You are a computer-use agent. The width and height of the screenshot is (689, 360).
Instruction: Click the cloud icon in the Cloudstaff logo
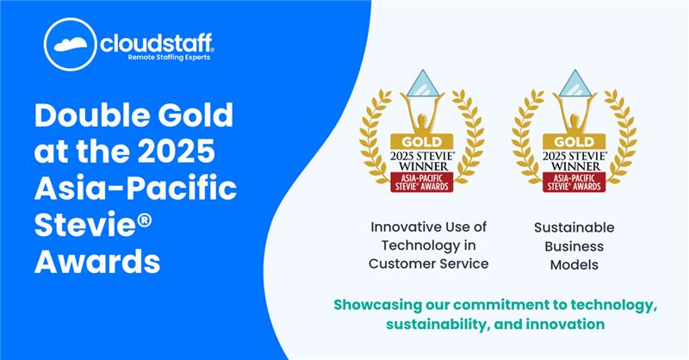click(x=71, y=44)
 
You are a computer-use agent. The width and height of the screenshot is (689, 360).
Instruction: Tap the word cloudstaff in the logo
click(x=157, y=43)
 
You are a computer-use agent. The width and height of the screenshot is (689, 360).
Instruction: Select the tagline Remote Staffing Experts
click(x=169, y=58)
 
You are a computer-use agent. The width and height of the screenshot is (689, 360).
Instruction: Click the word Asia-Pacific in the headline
click(x=136, y=187)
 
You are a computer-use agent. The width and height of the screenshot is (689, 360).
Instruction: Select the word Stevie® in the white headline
click(x=93, y=224)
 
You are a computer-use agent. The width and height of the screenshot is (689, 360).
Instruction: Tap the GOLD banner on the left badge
click(x=422, y=142)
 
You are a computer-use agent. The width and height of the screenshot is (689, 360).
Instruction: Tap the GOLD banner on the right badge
click(x=574, y=142)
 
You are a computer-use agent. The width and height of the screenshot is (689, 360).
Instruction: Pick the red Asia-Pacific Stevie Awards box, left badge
click(x=422, y=182)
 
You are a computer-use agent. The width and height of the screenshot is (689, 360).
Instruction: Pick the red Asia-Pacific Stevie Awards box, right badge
click(x=574, y=182)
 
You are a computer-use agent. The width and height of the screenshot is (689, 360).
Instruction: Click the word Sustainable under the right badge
click(x=574, y=227)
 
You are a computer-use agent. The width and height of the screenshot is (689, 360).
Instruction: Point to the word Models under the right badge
click(x=574, y=264)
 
